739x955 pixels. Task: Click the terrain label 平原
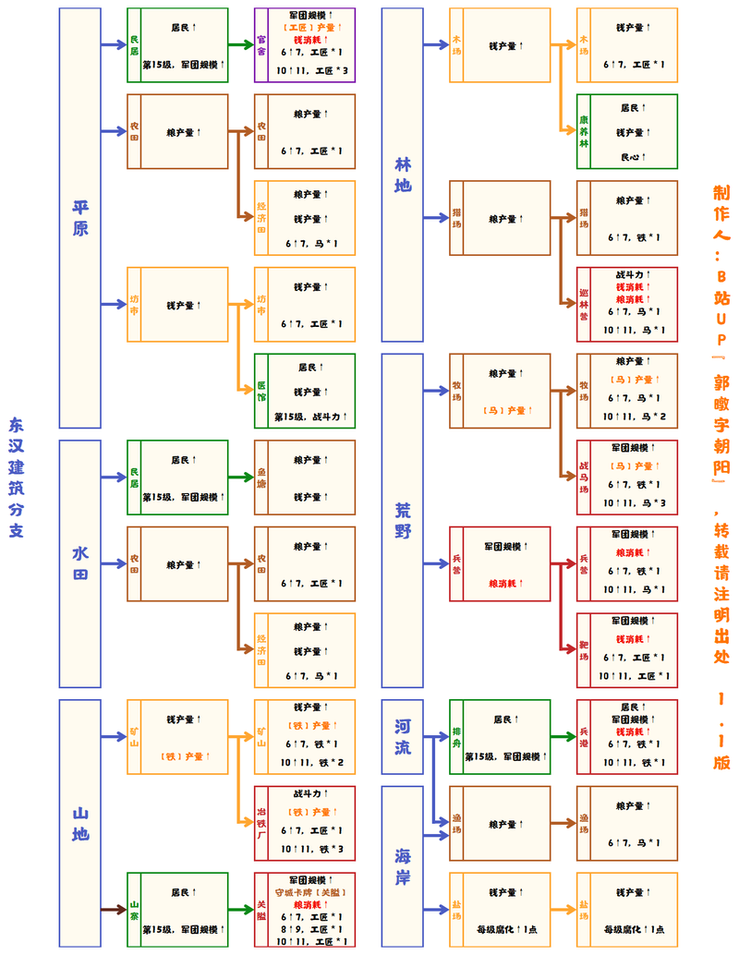(80, 218)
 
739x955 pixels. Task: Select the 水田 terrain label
(80, 563)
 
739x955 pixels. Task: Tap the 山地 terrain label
(80, 823)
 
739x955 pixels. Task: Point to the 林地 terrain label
(403, 175)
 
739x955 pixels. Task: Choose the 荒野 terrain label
(403, 521)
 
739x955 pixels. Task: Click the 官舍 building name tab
(261, 44)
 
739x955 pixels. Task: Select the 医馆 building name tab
(261, 391)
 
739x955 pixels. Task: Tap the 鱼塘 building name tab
(261, 477)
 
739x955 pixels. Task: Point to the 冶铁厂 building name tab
(261, 823)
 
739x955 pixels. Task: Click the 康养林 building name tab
(584, 131)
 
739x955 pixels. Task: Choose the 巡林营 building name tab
(584, 304)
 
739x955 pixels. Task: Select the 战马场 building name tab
(584, 477)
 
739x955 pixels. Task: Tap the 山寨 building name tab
(134, 910)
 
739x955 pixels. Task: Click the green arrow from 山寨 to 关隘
(241, 910)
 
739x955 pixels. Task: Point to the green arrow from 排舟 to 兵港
(563, 737)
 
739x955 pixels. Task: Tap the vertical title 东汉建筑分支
(17, 477)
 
